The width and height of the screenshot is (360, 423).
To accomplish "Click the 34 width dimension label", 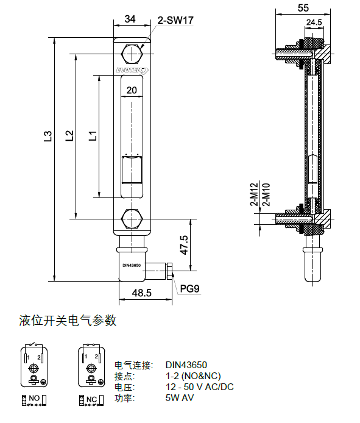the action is [130, 19].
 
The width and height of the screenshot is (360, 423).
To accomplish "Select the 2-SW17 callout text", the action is [175, 20].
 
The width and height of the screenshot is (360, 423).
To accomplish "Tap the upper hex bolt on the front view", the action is [132, 54].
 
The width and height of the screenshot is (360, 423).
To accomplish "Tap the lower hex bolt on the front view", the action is [132, 219].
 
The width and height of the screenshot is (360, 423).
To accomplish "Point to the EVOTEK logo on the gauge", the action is [132, 71].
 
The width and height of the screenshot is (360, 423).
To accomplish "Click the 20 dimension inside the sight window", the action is [132, 90].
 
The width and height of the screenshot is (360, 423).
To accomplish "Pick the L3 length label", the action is [48, 137].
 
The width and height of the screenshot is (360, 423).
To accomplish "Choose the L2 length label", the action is [69, 135].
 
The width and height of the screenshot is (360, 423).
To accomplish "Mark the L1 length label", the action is [93, 136].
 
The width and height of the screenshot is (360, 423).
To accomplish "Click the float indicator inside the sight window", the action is [132, 169].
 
